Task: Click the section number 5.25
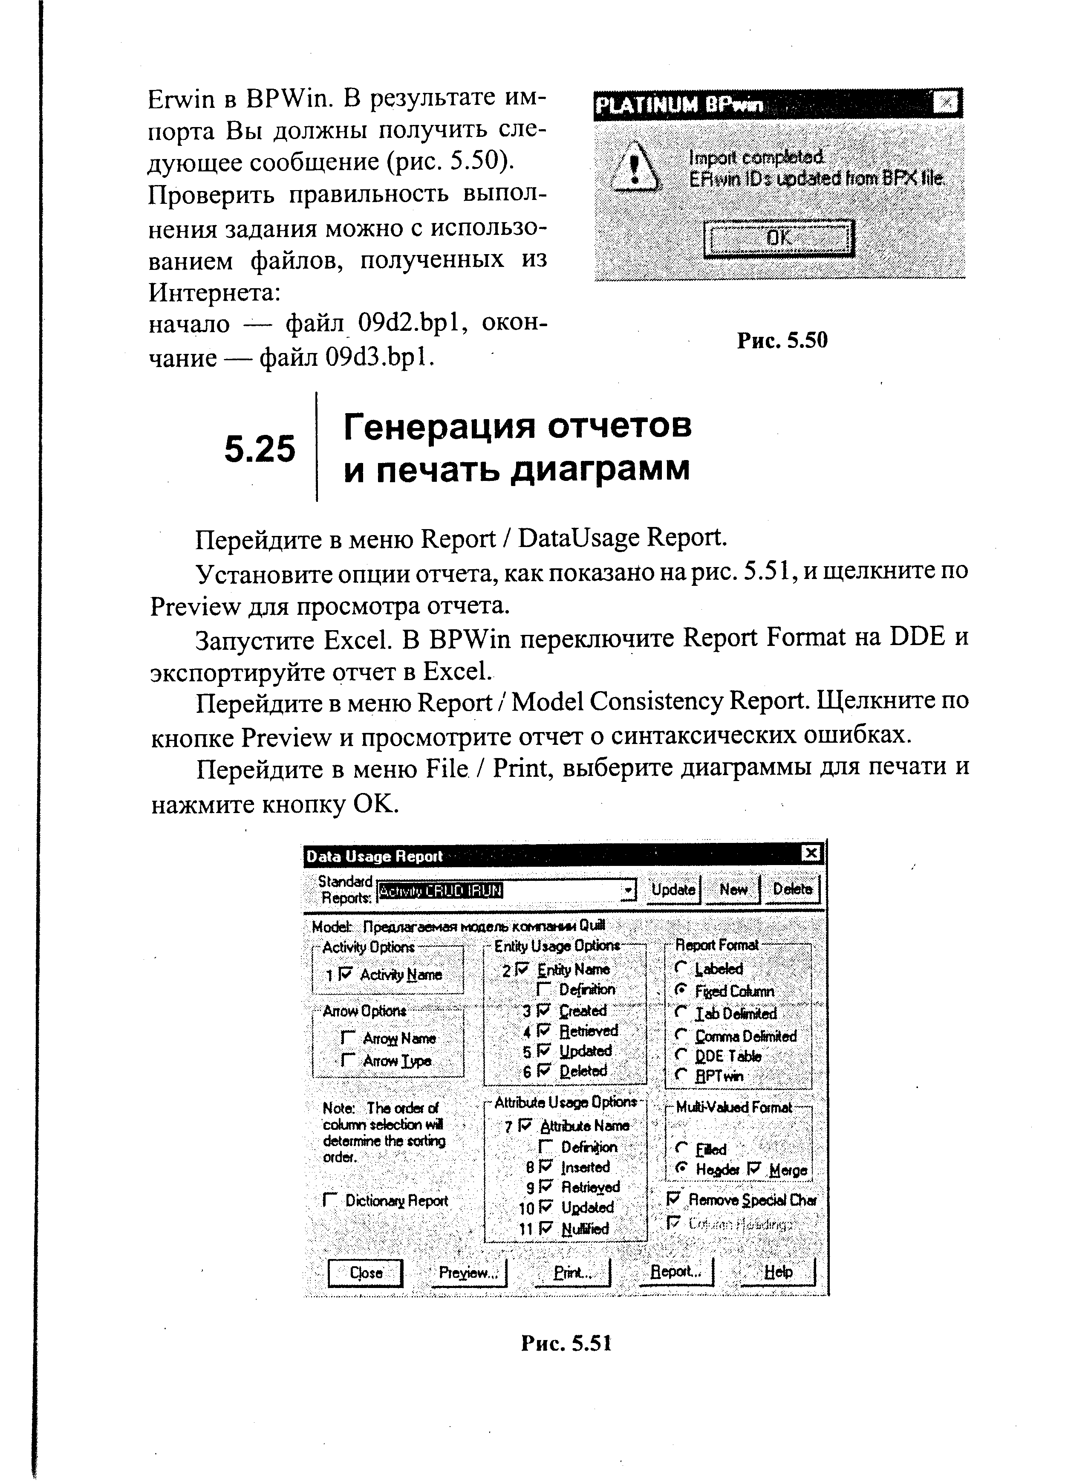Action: tap(260, 450)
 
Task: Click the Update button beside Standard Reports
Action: tap(673, 890)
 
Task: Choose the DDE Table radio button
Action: tap(681, 1056)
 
